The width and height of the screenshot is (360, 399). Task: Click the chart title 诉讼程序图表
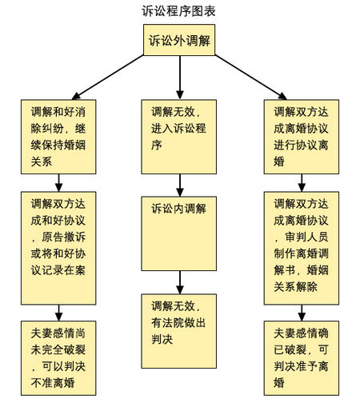point(178,11)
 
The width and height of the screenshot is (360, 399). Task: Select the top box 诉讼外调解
point(179,41)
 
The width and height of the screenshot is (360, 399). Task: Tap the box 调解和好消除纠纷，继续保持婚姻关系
point(60,135)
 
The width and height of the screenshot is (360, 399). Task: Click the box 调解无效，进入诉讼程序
point(179,135)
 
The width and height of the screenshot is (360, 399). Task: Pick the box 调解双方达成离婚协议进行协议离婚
point(300,135)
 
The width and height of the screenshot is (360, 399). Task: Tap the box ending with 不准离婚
point(60,357)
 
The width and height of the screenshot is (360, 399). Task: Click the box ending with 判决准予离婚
point(300,357)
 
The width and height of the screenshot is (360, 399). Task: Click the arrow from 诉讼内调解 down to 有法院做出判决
point(179,282)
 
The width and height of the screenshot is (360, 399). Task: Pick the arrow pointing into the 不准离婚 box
point(60,312)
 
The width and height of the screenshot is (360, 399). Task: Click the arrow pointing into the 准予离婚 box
point(300,312)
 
